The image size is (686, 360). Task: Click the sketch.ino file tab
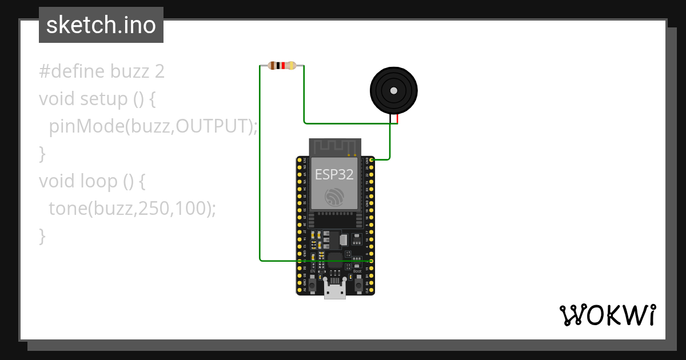[101, 25]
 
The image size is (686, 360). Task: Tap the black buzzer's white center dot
[393, 90]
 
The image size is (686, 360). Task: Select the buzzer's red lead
[397, 119]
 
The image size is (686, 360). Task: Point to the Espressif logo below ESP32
[334, 197]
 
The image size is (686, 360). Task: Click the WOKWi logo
[607, 315]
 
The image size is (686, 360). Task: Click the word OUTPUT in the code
[212, 126]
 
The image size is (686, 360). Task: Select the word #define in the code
[72, 72]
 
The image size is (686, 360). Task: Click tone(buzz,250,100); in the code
[133, 209]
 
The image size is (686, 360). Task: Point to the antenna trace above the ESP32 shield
[334, 147]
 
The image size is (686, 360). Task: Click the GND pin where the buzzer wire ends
[372, 160]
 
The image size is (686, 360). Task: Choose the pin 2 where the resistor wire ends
[372, 261]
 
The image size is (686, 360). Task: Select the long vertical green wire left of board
[260, 166]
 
